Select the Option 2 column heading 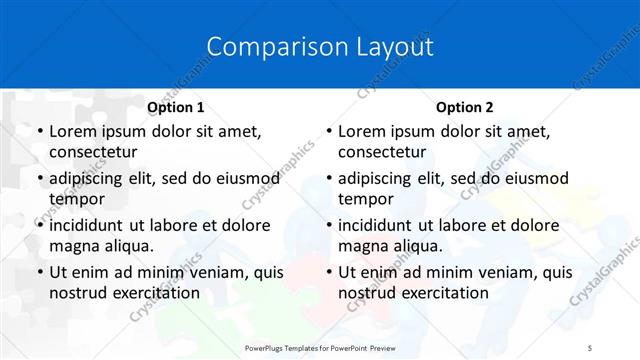464,107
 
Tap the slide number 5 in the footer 590,346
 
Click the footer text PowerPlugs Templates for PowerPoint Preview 320,346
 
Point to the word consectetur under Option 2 382,152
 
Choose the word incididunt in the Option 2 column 380,225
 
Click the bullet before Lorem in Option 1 39,131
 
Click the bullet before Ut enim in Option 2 328,272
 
